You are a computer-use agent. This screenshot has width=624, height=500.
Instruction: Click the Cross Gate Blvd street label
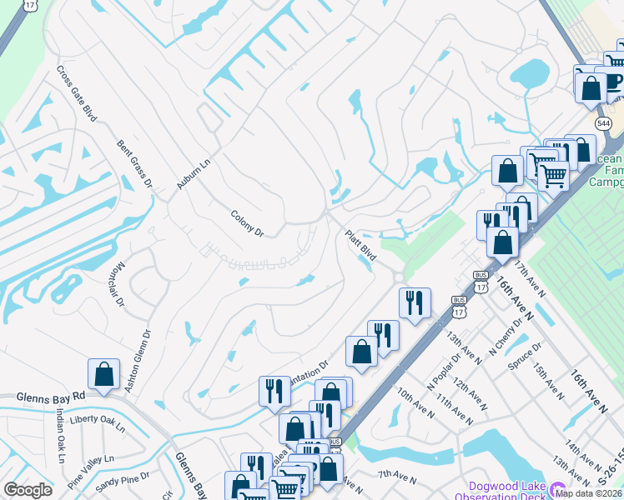[x=78, y=93]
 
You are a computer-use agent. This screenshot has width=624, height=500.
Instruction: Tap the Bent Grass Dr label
[x=135, y=163]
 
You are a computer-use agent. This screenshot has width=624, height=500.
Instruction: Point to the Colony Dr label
[x=247, y=222]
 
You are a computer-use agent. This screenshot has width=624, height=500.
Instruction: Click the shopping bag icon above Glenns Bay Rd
[x=104, y=374]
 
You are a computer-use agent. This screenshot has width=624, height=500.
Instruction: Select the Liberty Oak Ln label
[x=98, y=422]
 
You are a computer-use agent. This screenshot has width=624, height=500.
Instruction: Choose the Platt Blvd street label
[x=361, y=246]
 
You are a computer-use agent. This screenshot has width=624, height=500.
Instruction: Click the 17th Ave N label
[x=530, y=279]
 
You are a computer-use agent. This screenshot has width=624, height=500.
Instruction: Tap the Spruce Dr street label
[x=527, y=352]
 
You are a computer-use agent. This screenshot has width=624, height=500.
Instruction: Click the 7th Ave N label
[x=396, y=477]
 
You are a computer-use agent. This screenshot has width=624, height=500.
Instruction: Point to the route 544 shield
[x=603, y=123]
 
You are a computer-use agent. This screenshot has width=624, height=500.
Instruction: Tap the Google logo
[x=28, y=489]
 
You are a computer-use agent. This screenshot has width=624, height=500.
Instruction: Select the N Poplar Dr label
[x=445, y=376]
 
